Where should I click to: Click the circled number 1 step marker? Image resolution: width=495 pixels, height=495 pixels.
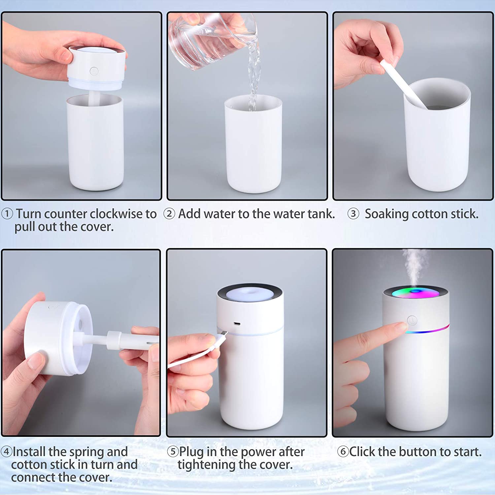(7, 214)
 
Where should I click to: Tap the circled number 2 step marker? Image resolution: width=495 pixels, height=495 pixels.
(169, 214)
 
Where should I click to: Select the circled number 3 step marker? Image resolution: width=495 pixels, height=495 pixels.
(353, 214)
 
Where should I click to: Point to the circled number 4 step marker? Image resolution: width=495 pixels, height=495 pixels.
(7, 451)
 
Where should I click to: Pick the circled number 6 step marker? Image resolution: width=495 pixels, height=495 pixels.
(343, 451)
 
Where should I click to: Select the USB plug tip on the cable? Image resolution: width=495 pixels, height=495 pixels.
(223, 336)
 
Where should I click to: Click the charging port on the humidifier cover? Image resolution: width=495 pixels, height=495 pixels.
(237, 324)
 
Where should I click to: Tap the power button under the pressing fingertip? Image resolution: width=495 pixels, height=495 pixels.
(412, 320)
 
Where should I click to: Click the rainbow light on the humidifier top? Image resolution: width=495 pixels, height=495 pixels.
(416, 292)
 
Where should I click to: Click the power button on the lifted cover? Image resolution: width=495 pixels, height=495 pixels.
(94, 71)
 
